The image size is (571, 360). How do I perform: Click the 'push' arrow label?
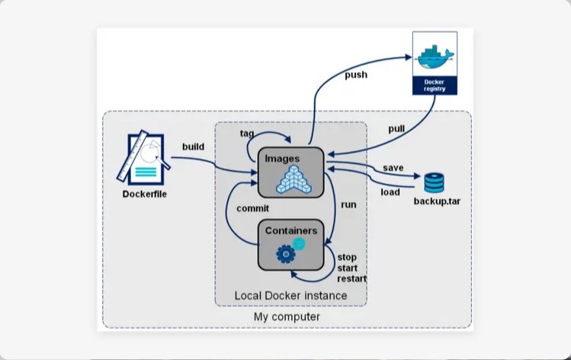point(355,75)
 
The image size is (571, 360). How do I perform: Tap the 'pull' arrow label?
point(396,129)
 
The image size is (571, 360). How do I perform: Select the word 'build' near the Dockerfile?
point(193,146)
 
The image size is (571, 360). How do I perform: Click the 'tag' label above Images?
point(247,133)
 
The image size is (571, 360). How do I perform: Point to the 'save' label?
point(393,168)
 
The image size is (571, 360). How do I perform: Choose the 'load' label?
point(390,192)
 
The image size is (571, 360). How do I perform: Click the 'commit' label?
point(252,207)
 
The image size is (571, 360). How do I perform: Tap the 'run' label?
point(348,204)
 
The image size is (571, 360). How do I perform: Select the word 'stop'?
point(347,257)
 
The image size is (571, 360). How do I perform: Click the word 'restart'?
point(351,278)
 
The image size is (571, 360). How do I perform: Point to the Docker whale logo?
point(435,56)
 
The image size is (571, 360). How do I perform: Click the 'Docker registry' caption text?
point(435,84)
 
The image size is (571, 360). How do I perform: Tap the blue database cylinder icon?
point(434,183)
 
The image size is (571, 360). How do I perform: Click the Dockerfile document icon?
point(143,158)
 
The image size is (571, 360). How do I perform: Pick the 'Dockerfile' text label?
point(144,194)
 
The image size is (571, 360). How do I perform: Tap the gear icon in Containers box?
point(286,252)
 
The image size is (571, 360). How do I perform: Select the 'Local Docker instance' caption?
point(290,295)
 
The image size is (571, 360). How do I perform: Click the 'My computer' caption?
point(287,317)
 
